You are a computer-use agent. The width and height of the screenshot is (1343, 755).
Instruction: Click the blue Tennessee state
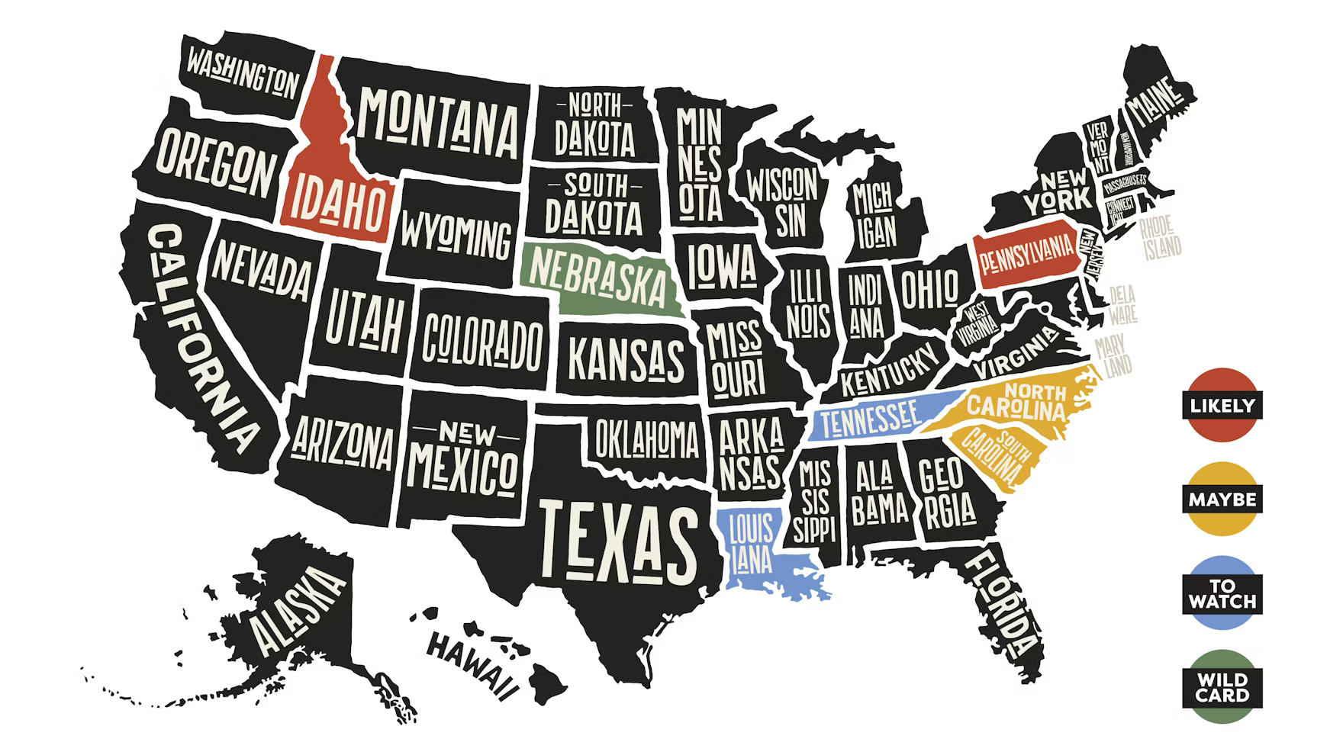[870, 418]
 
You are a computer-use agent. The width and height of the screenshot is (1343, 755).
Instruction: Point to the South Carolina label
[992, 454]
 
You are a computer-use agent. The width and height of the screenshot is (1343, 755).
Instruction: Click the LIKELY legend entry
[1222, 405]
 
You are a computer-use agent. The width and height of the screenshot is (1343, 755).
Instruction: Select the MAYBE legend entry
[1222, 500]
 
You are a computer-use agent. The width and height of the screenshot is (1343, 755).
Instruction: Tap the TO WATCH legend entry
[1222, 594]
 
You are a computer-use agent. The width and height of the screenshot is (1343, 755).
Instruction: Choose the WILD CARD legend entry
[1222, 687]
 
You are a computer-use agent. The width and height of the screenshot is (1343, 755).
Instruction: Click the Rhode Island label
[1160, 237]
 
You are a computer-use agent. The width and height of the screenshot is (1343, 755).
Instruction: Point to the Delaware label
[1122, 304]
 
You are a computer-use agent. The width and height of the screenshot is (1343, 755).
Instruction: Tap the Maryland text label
[1112, 357]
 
